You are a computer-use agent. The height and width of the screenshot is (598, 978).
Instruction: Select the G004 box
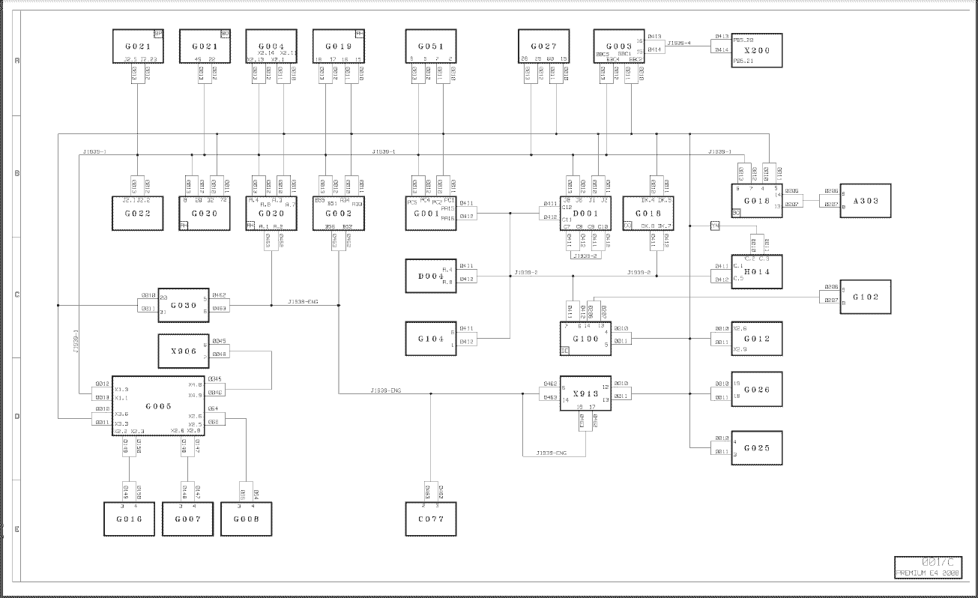(271, 46)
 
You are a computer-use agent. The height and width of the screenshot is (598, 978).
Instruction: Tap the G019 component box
(338, 46)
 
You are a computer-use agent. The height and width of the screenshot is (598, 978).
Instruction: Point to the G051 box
(431, 46)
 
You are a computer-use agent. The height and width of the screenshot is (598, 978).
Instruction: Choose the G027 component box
(543, 46)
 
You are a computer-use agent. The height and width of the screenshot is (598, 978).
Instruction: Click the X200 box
(757, 50)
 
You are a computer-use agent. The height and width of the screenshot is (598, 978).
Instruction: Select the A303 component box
(866, 201)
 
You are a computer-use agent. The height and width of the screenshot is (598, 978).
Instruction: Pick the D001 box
(585, 214)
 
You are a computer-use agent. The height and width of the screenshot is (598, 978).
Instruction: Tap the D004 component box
(431, 277)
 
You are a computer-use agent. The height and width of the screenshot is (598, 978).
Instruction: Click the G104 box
(431, 339)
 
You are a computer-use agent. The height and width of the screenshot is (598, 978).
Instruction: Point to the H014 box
(757, 272)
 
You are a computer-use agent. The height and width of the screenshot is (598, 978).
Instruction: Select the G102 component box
(866, 297)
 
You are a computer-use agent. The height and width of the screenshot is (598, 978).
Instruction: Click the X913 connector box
(585, 393)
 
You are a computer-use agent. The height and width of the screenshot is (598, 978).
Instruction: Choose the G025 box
(757, 448)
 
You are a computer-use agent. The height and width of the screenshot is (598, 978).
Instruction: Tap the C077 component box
(431, 519)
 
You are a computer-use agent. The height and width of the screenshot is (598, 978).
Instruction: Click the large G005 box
(159, 406)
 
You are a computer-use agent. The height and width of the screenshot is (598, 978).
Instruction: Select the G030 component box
(184, 305)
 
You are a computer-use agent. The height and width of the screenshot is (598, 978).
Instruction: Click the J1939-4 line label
(678, 43)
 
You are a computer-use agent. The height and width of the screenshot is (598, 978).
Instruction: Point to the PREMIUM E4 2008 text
(929, 573)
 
